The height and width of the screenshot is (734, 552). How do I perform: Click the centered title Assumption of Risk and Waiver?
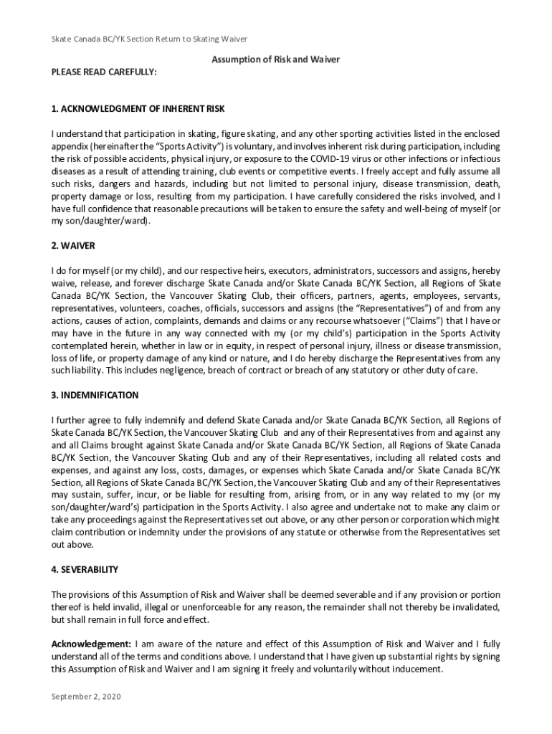[275, 60]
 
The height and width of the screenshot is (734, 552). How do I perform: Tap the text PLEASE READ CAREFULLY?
[104, 72]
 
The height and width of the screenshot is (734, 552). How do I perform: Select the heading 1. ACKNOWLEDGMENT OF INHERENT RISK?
[138, 109]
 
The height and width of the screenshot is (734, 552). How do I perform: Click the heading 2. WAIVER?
[73, 246]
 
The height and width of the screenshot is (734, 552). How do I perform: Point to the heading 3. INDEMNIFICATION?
[95, 395]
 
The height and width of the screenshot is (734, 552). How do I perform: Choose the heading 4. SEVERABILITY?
[85, 569]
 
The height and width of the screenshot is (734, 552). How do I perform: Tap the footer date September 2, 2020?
[86, 695]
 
